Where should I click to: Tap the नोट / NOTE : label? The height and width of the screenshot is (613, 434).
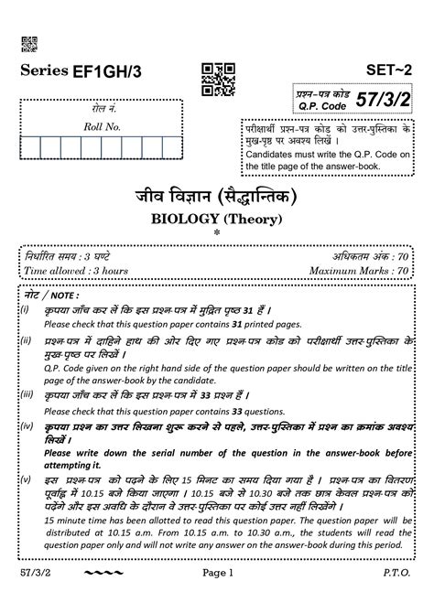[53, 296]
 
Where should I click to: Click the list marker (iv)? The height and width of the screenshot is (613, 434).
[27, 426]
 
